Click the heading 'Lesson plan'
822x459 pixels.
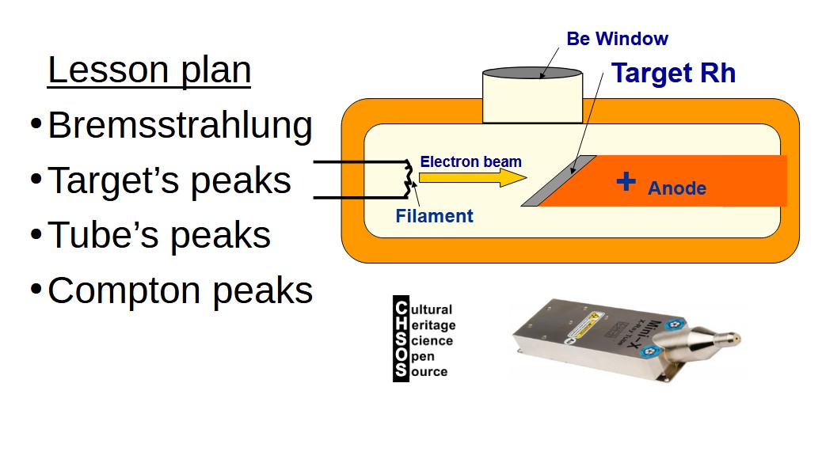point(149,70)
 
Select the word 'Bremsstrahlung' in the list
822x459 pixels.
point(180,126)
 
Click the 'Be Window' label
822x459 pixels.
point(617,39)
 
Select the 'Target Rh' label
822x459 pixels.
point(674,74)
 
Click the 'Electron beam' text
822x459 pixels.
point(470,162)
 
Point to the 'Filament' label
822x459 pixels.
point(434,215)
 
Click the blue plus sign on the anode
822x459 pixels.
point(626,182)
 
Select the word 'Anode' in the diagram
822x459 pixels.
point(676,189)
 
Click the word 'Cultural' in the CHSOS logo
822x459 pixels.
point(431,309)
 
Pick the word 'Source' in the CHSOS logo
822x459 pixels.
point(428,371)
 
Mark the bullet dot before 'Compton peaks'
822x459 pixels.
point(36,290)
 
